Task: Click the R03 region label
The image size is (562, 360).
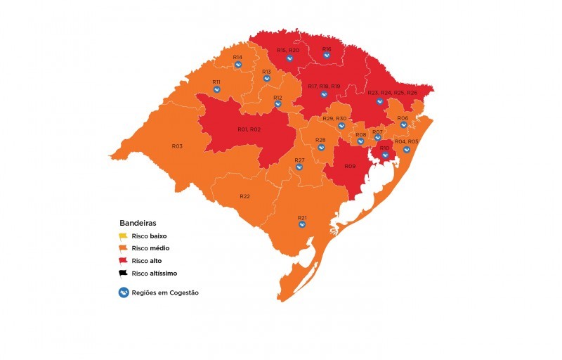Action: (177, 146)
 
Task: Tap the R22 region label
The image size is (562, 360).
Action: (244, 196)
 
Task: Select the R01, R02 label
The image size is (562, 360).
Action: (249, 129)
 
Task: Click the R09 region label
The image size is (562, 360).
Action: (349, 167)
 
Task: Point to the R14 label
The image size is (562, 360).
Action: (237, 57)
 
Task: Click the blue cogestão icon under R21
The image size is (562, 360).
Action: (302, 226)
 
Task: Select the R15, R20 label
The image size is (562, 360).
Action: (288, 51)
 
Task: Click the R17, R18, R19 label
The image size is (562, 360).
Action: (324, 86)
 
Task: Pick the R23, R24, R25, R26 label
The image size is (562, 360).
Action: (392, 93)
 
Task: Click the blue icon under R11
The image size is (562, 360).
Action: (217, 89)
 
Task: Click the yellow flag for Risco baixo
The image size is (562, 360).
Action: (123, 236)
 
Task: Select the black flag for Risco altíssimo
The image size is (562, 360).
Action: (123, 273)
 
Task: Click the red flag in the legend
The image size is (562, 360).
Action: (123, 261)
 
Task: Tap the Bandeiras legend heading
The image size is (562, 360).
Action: (138, 223)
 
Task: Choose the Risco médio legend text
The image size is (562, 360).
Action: (150, 248)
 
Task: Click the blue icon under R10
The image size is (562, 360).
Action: (385, 155)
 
